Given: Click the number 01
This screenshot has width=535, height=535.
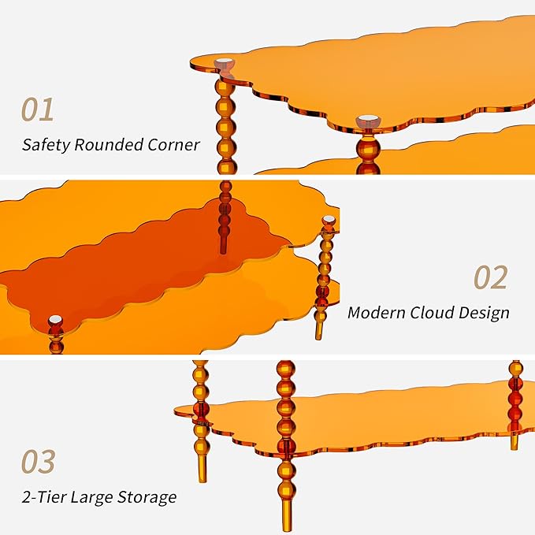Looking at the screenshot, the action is tap(38, 110).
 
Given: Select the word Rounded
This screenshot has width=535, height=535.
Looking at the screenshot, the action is tap(109, 144).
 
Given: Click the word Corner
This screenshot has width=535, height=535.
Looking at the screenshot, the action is tap(173, 145).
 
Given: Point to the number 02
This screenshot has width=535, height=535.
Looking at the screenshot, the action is tap(491, 277).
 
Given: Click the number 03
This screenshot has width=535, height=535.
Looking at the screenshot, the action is tap(38, 461).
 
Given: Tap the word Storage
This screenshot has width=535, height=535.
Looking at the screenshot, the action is tap(147, 497).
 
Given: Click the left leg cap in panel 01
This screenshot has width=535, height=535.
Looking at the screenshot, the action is tap(225, 64).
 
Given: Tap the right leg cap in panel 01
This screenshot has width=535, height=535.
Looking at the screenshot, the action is tap(368, 122).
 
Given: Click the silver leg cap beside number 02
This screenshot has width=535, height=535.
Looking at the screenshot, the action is tap(329, 221).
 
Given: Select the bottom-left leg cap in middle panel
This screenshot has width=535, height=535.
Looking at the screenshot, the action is tap(55, 321).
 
